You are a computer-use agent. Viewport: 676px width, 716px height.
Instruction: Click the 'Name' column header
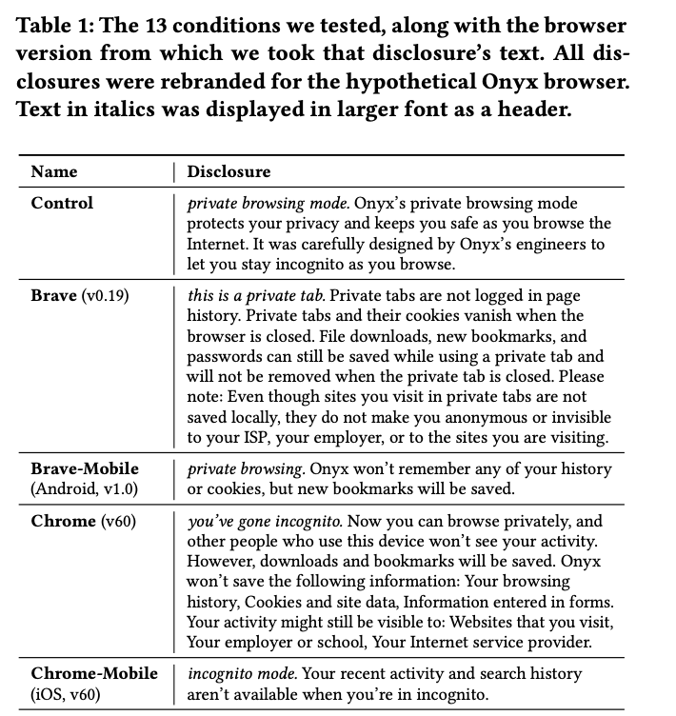click(54, 172)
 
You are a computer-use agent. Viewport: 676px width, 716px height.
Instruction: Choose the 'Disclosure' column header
click(229, 172)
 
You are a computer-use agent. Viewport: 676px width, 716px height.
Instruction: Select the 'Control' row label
click(62, 203)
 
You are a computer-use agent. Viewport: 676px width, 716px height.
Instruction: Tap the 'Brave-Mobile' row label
click(85, 468)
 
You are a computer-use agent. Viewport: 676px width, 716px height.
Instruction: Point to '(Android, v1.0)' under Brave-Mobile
click(85, 488)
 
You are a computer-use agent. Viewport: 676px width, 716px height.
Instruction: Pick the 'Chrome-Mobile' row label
click(94, 673)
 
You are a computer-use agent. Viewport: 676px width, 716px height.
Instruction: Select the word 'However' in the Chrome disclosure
click(218, 562)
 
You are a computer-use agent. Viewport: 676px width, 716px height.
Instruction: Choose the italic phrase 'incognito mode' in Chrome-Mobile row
click(238, 673)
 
